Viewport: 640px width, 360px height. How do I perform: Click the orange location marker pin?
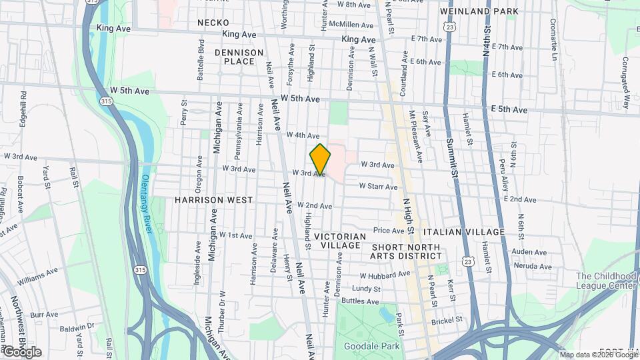click(x=321, y=159)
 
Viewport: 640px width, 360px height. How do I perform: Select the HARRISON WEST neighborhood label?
click(x=214, y=200)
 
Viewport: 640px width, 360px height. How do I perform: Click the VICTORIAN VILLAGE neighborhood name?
click(x=340, y=241)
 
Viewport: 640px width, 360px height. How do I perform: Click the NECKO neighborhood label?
click(x=213, y=23)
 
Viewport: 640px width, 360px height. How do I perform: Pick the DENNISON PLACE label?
click(x=235, y=56)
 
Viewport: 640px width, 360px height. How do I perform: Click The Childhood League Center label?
click(x=606, y=281)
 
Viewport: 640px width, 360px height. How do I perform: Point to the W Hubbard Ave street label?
click(x=385, y=275)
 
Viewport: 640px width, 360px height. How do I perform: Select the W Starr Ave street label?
click(x=379, y=186)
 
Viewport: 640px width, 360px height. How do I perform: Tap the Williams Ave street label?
click(x=38, y=273)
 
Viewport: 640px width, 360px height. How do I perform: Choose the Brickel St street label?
click(x=447, y=320)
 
